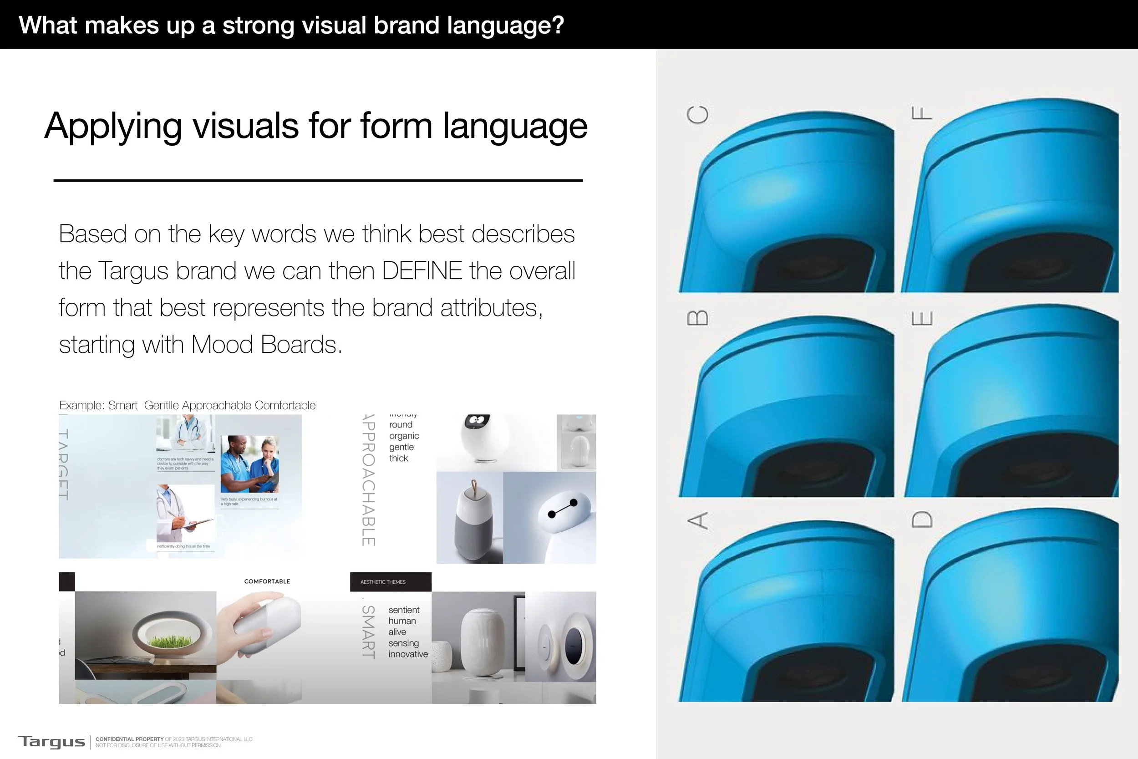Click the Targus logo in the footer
coord(51,742)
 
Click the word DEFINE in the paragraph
coord(422,270)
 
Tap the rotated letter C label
coord(698,115)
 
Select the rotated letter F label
coord(921,113)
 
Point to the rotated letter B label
coord(698,318)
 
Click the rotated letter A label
coord(698,521)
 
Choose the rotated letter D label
coord(921,520)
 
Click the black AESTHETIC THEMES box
coord(391,582)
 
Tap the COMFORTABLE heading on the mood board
coord(267,581)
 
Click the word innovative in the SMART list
coord(408,654)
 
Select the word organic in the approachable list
coord(404,436)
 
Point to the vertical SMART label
coord(369,632)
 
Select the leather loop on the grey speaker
coord(474,485)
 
